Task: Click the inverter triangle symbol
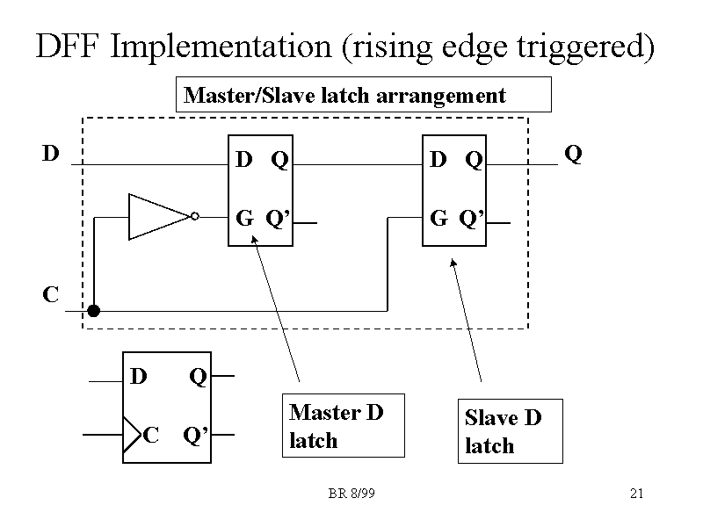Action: tap(157, 216)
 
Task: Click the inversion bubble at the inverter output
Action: tap(195, 216)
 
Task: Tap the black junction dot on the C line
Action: tap(94, 310)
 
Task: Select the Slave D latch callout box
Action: tap(514, 431)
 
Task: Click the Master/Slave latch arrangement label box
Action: tap(365, 95)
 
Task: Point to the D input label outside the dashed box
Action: tap(51, 154)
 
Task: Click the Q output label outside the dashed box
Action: tap(572, 155)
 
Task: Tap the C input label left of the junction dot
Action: tap(51, 294)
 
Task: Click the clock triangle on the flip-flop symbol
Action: tap(131, 433)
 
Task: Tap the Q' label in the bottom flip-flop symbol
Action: tap(194, 435)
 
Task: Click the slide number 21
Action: tap(637, 494)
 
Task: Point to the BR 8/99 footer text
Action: tap(351, 494)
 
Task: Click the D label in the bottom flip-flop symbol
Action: tap(138, 377)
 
